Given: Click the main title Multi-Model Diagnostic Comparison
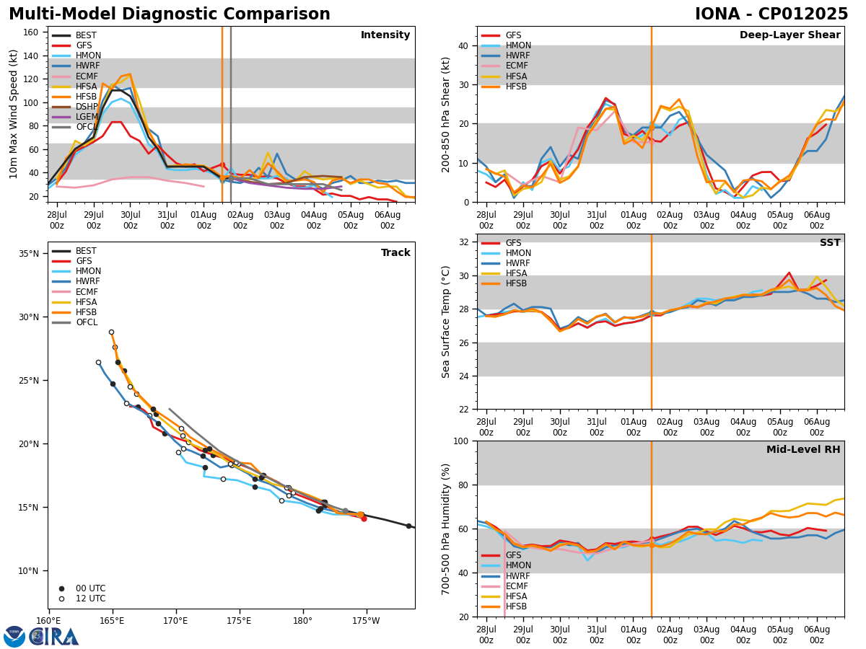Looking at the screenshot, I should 169,14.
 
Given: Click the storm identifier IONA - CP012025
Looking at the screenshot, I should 771,14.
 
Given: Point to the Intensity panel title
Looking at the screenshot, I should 385,35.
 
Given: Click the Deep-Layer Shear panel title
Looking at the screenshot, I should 790,35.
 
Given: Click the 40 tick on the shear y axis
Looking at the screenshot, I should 463,46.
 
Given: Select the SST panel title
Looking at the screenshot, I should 829,243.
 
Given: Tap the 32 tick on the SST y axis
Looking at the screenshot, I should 463,242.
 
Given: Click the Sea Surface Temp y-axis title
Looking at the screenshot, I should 447,322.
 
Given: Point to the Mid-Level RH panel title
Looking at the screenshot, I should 803,450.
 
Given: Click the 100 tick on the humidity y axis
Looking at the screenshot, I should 460,441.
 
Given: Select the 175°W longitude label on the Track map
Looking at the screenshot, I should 366,621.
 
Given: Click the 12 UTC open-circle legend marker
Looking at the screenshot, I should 61,599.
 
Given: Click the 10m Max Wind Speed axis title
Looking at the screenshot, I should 12,114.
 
